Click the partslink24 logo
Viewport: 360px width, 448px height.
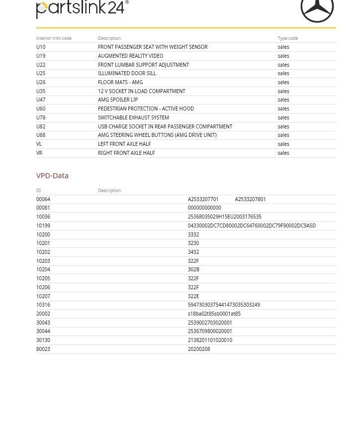pyautogui.click(x=82, y=9)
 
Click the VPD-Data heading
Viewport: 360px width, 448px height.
pyautogui.click(x=52, y=176)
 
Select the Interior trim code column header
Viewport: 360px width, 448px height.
pyautogui.click(x=54, y=38)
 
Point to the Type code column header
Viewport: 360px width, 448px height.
pyautogui.click(x=287, y=38)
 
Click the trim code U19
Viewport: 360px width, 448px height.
pyautogui.click(x=41, y=56)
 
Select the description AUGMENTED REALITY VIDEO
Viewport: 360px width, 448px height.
pyautogui.click(x=130, y=56)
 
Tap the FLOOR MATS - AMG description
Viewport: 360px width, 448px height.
pyautogui.click(x=120, y=82)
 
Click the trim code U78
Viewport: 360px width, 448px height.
pyautogui.click(x=41, y=117)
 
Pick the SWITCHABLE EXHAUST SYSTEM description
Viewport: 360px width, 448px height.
pyautogui.click(x=133, y=117)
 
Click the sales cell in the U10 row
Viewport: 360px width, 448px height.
pyautogui.click(x=283, y=47)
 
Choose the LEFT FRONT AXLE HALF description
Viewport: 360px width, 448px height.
pyautogui.click(x=124, y=144)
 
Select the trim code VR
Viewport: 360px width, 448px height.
pyautogui.click(x=39, y=153)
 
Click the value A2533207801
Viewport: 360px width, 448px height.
pyautogui.click(x=250, y=199)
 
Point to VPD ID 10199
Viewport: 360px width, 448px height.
pyautogui.click(x=43, y=225)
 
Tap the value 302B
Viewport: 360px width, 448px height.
pyautogui.click(x=193, y=269)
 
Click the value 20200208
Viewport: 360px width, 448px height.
pyautogui.click(x=199, y=349)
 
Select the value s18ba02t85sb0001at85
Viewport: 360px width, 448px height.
pyautogui.click(x=214, y=314)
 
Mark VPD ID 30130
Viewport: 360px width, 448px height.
pyautogui.click(x=43, y=340)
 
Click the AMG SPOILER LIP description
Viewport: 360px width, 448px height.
pyautogui.click(x=118, y=100)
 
